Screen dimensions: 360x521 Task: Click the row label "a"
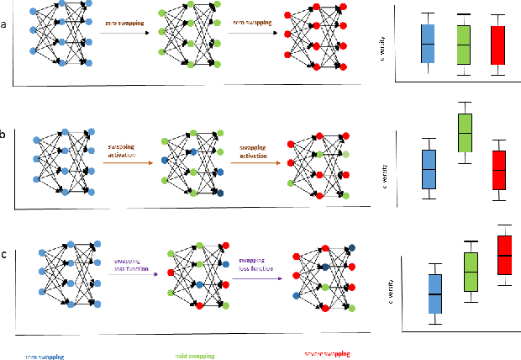tap(4, 24)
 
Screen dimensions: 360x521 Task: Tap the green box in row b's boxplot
tap(464, 132)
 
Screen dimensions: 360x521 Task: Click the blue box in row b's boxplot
tap(429, 169)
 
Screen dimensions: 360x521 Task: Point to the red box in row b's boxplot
tap(499, 170)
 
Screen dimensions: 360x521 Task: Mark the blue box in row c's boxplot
tap(434, 294)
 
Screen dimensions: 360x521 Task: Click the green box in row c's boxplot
tap(471, 272)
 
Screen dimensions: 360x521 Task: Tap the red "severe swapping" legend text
tap(329, 354)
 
